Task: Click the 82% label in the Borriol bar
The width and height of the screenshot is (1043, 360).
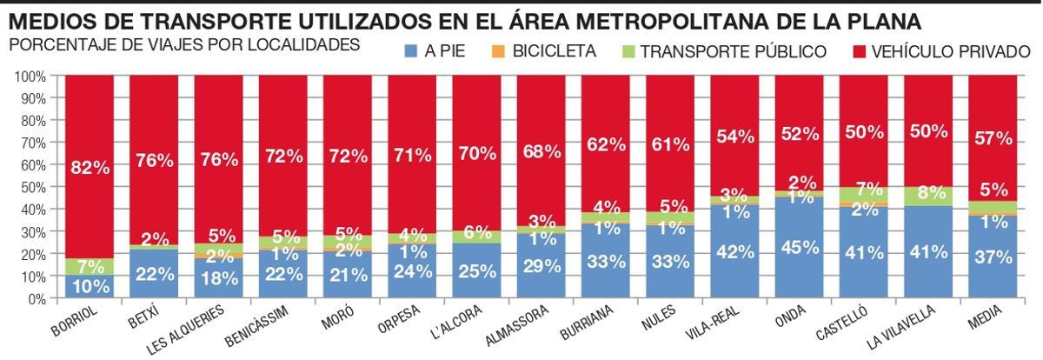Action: tap(90, 168)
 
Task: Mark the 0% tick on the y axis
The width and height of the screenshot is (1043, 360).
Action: tap(35, 298)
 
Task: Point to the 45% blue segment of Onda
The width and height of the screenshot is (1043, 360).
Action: tap(800, 248)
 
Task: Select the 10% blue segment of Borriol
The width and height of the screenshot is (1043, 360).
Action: tap(90, 287)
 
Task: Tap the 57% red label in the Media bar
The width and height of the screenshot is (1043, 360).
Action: tap(993, 139)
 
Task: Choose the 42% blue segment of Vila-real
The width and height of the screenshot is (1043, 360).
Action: tap(735, 252)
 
